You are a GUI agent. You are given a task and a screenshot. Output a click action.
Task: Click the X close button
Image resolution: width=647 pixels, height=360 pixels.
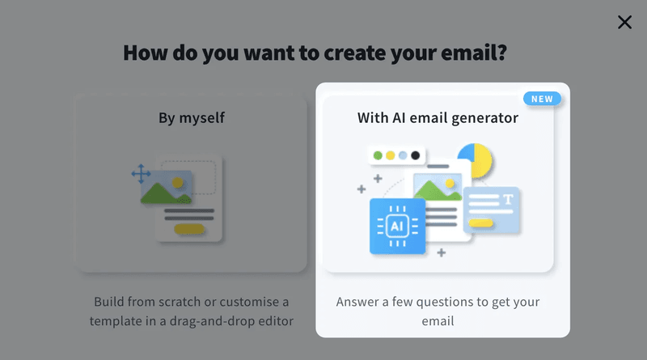pos(624,22)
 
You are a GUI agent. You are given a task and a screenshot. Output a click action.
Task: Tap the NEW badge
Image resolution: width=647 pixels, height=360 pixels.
pos(542,99)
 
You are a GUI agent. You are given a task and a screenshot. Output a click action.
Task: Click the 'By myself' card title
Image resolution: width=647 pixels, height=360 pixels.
pos(192,118)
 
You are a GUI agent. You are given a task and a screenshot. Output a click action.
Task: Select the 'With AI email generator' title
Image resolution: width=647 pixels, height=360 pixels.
pos(438,118)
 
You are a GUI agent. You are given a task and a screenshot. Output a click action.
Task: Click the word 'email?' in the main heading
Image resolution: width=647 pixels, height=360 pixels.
pos(474,53)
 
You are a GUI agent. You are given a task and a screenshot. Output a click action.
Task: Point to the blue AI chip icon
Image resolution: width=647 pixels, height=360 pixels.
pos(397,226)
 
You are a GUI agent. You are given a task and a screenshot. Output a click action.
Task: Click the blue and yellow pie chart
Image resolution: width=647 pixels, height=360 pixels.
pos(476,159)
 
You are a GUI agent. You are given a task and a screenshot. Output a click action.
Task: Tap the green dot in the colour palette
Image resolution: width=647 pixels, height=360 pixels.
pos(378,155)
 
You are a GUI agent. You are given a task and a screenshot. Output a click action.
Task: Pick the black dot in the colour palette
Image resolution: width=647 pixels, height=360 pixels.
pos(415,155)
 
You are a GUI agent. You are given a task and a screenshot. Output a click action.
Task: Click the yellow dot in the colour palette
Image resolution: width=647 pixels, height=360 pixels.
pos(390,155)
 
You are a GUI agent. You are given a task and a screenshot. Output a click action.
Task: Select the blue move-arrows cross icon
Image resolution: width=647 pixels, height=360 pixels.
pos(141,174)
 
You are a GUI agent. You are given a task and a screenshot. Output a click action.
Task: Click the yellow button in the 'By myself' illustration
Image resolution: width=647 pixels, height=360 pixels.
pos(189,229)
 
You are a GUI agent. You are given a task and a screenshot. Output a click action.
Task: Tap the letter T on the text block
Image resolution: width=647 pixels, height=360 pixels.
pos(508,200)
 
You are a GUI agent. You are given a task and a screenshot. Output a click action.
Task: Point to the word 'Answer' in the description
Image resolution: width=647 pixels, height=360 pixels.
pos(357,302)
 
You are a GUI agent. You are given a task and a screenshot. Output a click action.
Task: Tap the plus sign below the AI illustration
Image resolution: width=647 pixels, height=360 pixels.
pos(441,252)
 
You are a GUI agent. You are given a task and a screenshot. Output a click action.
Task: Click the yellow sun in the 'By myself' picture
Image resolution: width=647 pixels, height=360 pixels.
pos(178,183)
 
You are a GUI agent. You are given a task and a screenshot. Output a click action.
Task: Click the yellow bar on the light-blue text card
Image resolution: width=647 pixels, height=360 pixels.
pos(480,223)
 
